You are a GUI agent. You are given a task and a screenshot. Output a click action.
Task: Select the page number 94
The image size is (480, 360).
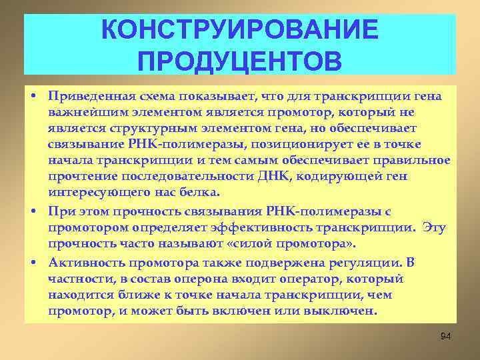pyautogui.click(x=446, y=336)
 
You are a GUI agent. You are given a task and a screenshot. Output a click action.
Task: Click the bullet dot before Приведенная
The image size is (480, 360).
pyautogui.click(x=32, y=97)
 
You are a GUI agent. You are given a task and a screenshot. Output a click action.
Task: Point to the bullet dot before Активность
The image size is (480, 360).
pyautogui.click(x=32, y=261)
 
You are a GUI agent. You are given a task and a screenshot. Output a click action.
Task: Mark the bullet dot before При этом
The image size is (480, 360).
pyautogui.click(x=32, y=212)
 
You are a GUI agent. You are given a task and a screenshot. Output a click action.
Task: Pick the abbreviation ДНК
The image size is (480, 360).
pyautogui.click(x=273, y=177)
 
